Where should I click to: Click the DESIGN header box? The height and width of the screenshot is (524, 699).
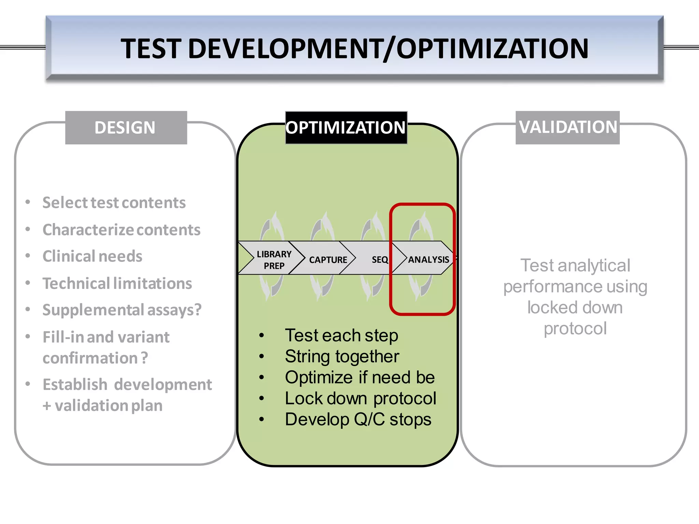(126, 128)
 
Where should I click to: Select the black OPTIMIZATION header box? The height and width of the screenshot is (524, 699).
(346, 128)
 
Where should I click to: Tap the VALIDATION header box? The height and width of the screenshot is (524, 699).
(568, 127)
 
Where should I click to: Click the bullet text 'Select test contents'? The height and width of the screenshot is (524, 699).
(114, 203)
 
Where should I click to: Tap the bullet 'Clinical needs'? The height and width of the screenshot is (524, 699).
(92, 256)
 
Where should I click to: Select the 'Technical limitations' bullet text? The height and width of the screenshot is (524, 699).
(117, 283)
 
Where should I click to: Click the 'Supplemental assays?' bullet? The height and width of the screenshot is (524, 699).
(122, 310)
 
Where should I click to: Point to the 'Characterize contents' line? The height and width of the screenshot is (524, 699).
(122, 230)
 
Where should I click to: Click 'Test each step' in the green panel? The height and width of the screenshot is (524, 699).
(341, 335)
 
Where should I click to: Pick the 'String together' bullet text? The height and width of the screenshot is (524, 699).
(342, 356)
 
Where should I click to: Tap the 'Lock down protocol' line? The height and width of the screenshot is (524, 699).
(360, 398)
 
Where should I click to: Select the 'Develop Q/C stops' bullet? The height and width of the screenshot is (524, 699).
(358, 419)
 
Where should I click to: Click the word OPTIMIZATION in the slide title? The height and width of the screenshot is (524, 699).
(492, 48)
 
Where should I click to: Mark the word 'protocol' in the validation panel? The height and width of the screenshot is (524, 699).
(575, 329)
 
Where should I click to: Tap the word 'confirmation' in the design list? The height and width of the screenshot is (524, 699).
(90, 358)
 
